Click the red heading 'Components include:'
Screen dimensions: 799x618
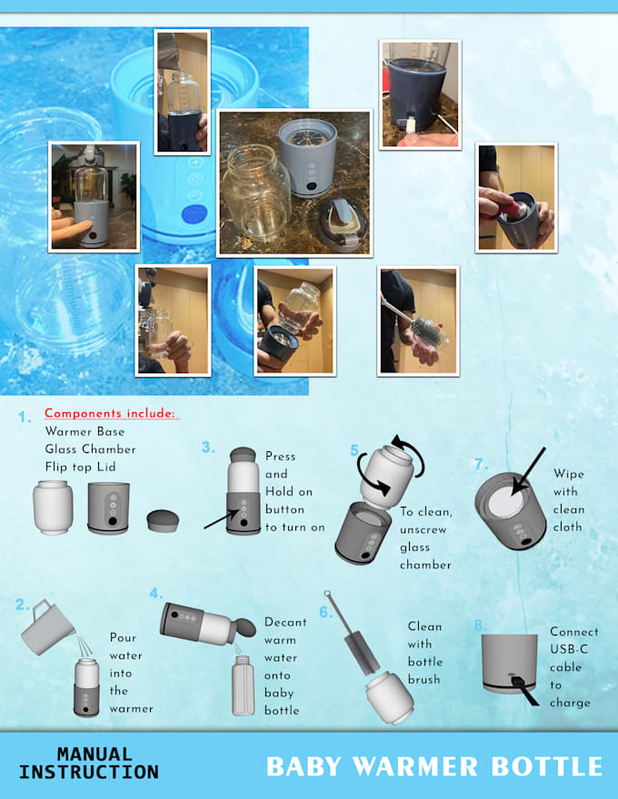coord(110,414)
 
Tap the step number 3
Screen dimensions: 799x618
coord(208,447)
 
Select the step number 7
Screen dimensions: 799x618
coord(481,464)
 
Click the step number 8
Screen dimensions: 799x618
coord(481,626)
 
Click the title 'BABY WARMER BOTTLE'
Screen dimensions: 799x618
coord(434,765)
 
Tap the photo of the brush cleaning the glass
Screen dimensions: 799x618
coord(417,321)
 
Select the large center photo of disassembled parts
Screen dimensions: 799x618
coord(294,182)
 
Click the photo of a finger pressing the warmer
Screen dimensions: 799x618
coord(95,196)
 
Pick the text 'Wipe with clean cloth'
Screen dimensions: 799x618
coord(568,500)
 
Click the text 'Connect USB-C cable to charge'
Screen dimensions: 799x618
coord(573,666)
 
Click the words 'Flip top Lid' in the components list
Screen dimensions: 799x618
coord(87,466)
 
